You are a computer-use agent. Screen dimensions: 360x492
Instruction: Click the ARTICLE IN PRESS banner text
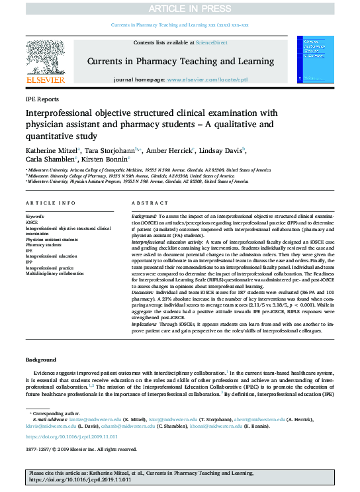[179, 8]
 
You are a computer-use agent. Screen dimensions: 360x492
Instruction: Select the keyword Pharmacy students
[45, 245]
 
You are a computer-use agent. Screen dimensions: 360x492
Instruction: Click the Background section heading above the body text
[41, 360]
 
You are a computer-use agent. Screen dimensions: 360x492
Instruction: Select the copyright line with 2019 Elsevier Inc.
[77, 450]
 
